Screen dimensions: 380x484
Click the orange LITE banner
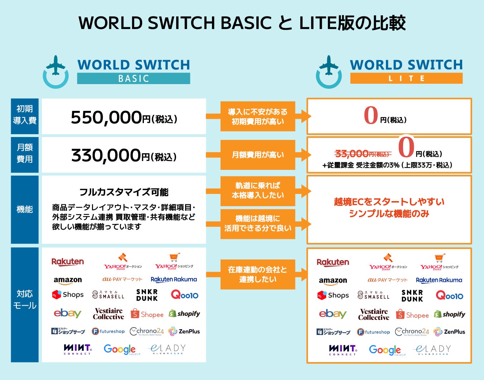tap(406, 78)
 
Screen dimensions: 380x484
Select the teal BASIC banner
tap(134, 78)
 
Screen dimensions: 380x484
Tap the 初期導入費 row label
tap(25, 115)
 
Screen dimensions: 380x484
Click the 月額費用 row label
tap(25, 153)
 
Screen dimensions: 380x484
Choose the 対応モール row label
tap(25, 299)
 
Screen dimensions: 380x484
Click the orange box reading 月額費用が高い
tap(258, 155)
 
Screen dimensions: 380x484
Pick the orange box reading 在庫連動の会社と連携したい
tap(258, 274)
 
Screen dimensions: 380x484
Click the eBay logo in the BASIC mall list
tap(67, 314)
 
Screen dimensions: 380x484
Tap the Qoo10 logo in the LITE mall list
tap(449, 296)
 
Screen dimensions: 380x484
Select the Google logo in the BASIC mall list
tap(120, 349)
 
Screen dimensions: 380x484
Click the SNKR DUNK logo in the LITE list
tap(412, 296)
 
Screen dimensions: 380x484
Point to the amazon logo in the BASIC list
tap(68, 280)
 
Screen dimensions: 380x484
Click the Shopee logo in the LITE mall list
tap(413, 315)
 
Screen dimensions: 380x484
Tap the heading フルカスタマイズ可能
tap(124, 192)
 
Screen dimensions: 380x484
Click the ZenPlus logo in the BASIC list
tap(184, 331)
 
